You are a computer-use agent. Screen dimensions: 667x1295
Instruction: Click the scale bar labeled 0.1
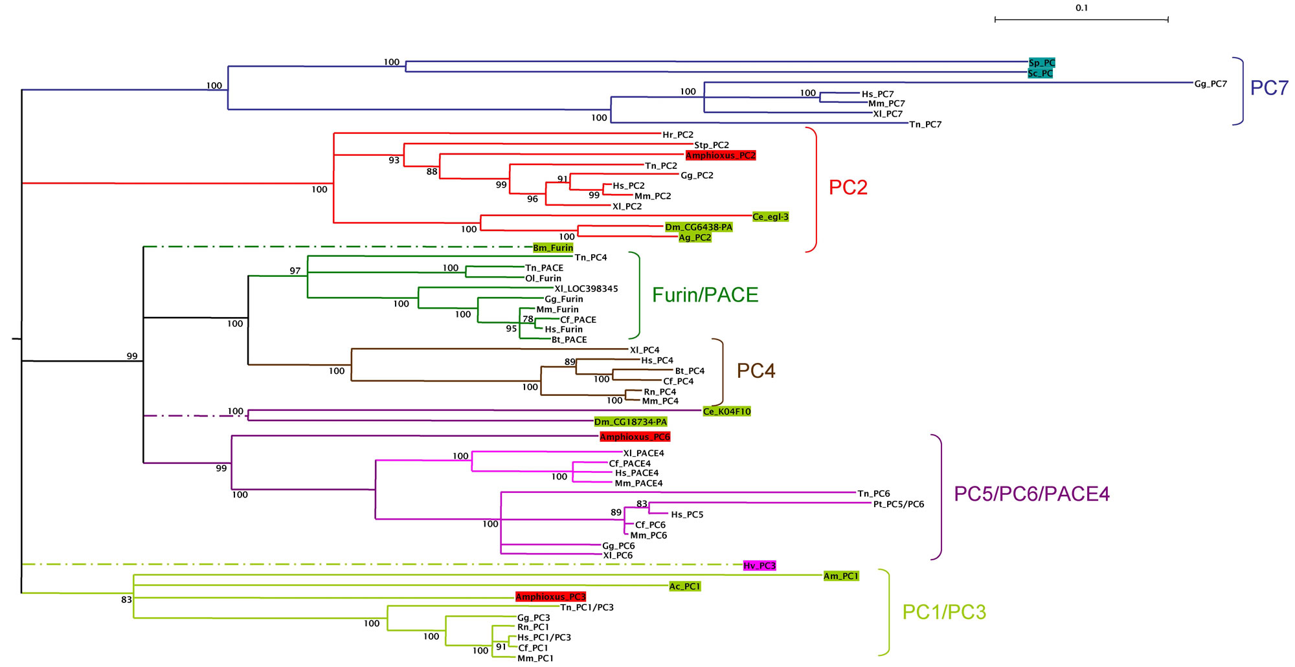point(1081,19)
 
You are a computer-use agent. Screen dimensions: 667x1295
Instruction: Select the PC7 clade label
point(1269,88)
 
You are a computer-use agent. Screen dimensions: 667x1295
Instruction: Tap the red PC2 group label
point(848,187)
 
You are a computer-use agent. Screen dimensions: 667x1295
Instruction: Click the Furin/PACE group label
point(704,295)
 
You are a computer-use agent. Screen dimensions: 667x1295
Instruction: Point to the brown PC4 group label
point(756,371)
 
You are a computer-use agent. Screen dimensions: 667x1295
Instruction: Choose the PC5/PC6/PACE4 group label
point(1031,494)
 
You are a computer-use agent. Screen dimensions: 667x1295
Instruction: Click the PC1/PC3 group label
point(943,612)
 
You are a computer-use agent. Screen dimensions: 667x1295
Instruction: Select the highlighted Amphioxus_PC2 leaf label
point(720,155)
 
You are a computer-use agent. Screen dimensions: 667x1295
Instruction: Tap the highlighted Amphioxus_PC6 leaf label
point(635,437)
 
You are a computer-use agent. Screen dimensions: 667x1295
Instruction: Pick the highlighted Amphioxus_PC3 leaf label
point(550,597)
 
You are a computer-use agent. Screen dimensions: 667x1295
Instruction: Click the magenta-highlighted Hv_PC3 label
point(759,566)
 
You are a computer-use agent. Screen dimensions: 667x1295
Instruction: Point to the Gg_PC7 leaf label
point(1210,84)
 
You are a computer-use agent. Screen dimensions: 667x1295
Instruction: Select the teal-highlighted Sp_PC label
point(1041,63)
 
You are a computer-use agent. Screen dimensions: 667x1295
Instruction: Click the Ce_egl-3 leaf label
point(771,217)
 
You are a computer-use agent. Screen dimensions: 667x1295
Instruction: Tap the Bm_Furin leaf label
point(552,248)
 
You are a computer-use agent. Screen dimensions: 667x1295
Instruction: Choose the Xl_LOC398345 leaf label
point(586,289)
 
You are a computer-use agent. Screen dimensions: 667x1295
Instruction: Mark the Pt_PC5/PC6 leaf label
point(898,505)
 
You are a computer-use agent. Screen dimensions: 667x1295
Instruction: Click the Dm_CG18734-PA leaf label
point(630,422)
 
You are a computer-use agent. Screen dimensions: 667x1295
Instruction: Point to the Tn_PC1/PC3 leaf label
point(587,607)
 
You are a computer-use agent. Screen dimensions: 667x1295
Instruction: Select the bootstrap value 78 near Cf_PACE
point(528,319)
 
